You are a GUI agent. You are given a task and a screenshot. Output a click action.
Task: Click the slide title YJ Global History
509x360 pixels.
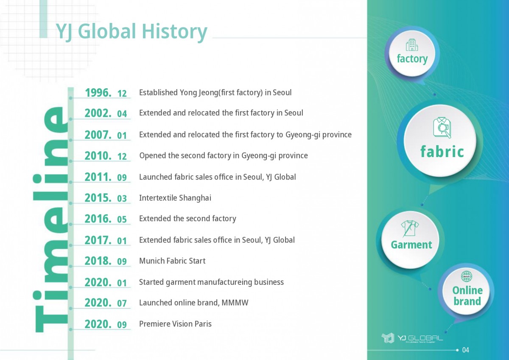(131, 32)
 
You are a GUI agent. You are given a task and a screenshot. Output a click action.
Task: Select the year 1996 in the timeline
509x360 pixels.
(98, 93)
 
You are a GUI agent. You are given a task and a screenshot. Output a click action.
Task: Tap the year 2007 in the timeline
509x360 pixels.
(98, 135)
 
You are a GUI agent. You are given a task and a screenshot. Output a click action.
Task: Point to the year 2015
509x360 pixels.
(98, 198)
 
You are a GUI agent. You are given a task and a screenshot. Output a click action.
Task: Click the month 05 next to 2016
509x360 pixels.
(122, 219)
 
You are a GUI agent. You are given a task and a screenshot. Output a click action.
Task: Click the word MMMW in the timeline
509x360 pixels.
(235, 303)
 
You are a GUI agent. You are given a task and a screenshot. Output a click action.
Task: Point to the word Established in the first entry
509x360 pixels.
(158, 93)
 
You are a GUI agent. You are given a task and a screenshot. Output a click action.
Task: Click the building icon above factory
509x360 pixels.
(412, 45)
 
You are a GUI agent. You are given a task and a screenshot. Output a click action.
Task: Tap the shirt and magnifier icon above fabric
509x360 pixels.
(442, 128)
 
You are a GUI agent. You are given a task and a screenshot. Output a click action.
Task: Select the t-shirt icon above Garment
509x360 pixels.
(410, 228)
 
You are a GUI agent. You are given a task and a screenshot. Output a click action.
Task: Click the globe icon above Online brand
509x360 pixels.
(467, 276)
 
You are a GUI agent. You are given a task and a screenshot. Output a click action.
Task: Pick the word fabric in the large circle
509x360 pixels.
(442, 152)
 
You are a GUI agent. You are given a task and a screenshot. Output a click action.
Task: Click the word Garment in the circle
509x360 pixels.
(411, 245)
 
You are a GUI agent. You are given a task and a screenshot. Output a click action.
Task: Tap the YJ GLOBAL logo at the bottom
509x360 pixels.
(412, 338)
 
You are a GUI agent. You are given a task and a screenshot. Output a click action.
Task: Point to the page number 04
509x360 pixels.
(466, 350)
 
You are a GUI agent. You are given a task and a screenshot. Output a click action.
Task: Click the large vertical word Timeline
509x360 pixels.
(51, 219)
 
